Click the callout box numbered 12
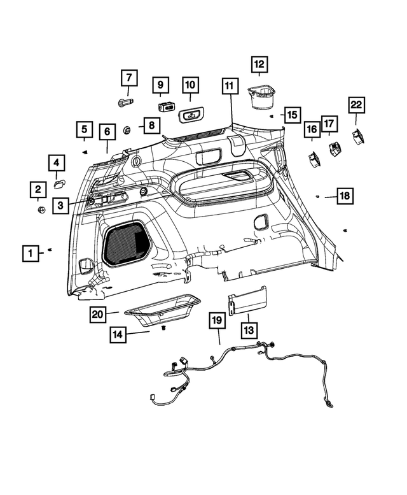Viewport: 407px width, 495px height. click(x=259, y=64)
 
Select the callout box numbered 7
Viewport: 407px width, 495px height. click(x=128, y=78)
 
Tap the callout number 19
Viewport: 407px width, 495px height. click(x=217, y=322)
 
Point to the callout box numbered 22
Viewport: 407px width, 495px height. click(x=355, y=104)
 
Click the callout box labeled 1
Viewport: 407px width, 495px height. click(x=29, y=253)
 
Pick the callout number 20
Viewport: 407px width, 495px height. click(x=97, y=313)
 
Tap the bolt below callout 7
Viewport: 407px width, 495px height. click(x=124, y=102)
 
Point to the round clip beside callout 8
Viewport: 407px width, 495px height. click(x=127, y=130)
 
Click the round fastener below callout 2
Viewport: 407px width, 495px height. click(x=41, y=211)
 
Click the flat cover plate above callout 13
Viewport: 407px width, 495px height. click(x=248, y=299)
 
